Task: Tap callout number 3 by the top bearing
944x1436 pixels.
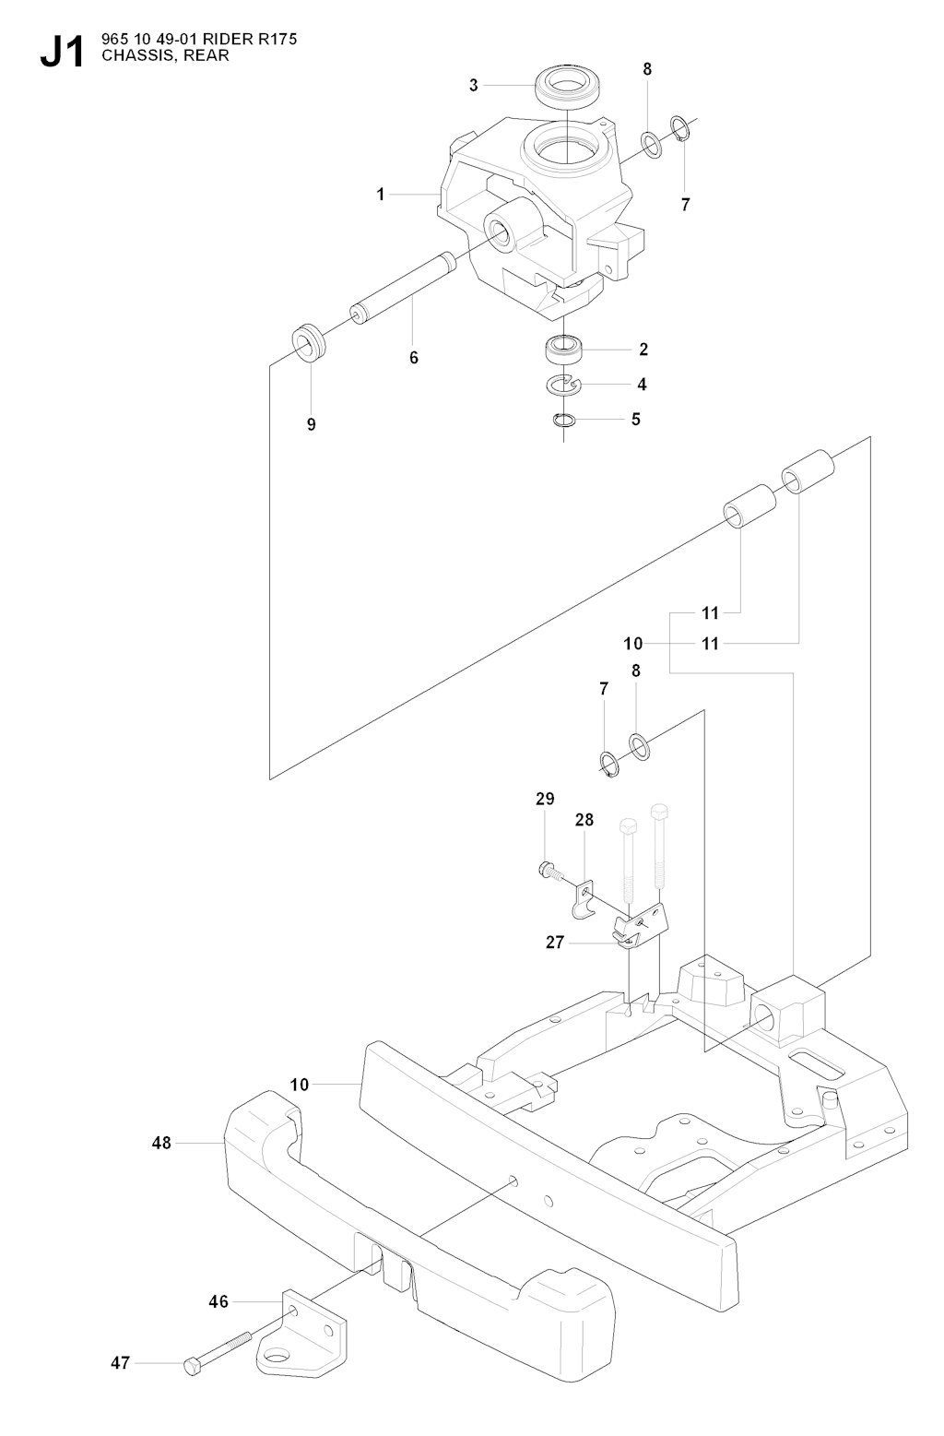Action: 474,86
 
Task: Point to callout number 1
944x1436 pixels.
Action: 380,195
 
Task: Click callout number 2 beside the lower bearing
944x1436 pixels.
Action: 643,350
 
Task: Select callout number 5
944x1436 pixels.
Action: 635,419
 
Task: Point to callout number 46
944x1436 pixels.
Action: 218,1302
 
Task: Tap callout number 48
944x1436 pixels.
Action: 162,1143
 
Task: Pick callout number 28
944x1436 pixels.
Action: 584,819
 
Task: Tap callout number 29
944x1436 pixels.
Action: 545,799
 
